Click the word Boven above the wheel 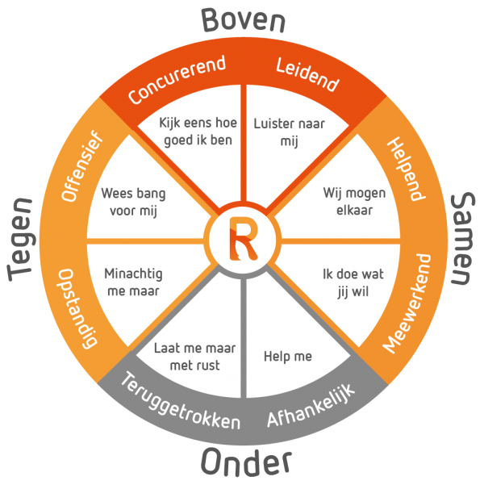(243, 20)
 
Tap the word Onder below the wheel (246, 462)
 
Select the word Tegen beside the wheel (21, 239)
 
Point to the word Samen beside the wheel (462, 238)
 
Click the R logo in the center (244, 239)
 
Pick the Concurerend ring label (177, 79)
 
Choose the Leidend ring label (307, 74)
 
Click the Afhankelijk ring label (311, 405)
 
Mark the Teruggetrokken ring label (180, 402)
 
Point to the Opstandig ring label (77, 308)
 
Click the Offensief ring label (81, 166)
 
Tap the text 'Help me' (288, 357)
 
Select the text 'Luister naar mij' (289, 132)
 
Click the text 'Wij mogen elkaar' (354, 201)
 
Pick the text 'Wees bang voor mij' (133, 202)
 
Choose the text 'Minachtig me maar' (133, 282)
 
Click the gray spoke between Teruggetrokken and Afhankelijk (244, 338)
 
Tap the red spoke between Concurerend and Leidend (244, 143)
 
